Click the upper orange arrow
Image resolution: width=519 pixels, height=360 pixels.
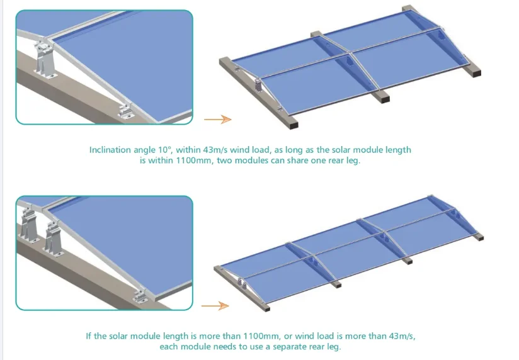[x=217, y=119]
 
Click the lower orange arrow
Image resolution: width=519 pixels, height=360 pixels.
[x=215, y=306]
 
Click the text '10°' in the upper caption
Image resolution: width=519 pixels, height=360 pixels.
[x=165, y=150]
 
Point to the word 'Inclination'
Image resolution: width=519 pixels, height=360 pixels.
[x=111, y=150]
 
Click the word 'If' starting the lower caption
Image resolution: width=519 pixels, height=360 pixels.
[x=88, y=335]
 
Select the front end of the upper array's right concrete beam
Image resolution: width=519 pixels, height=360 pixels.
[x=474, y=72]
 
